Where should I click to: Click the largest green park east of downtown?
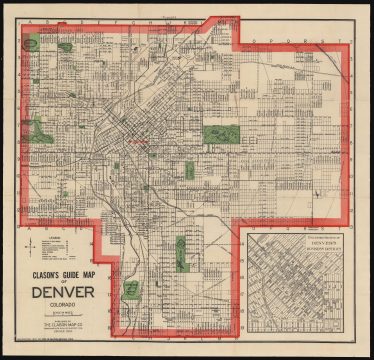click(x=217, y=133)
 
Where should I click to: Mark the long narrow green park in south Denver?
click(x=181, y=253)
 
